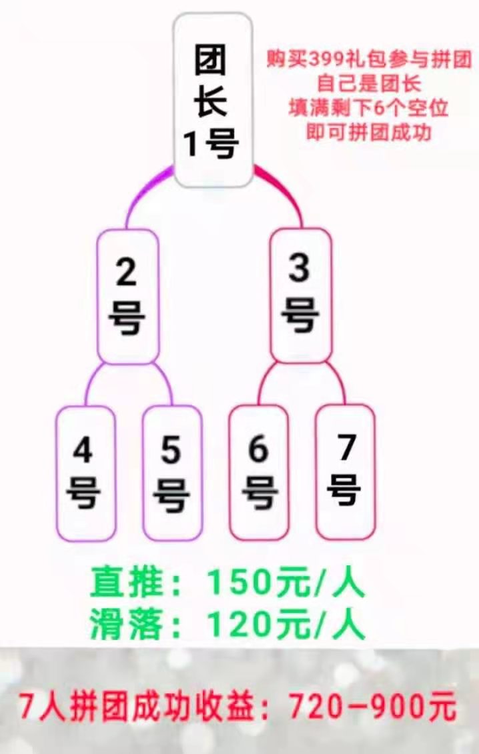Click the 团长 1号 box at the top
(x=213, y=100)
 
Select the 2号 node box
(x=128, y=296)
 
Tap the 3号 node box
(x=301, y=295)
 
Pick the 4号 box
(x=85, y=473)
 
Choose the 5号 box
(x=172, y=473)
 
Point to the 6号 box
(x=259, y=472)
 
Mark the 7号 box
(x=345, y=471)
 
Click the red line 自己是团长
(x=369, y=84)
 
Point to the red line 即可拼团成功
(x=369, y=132)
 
